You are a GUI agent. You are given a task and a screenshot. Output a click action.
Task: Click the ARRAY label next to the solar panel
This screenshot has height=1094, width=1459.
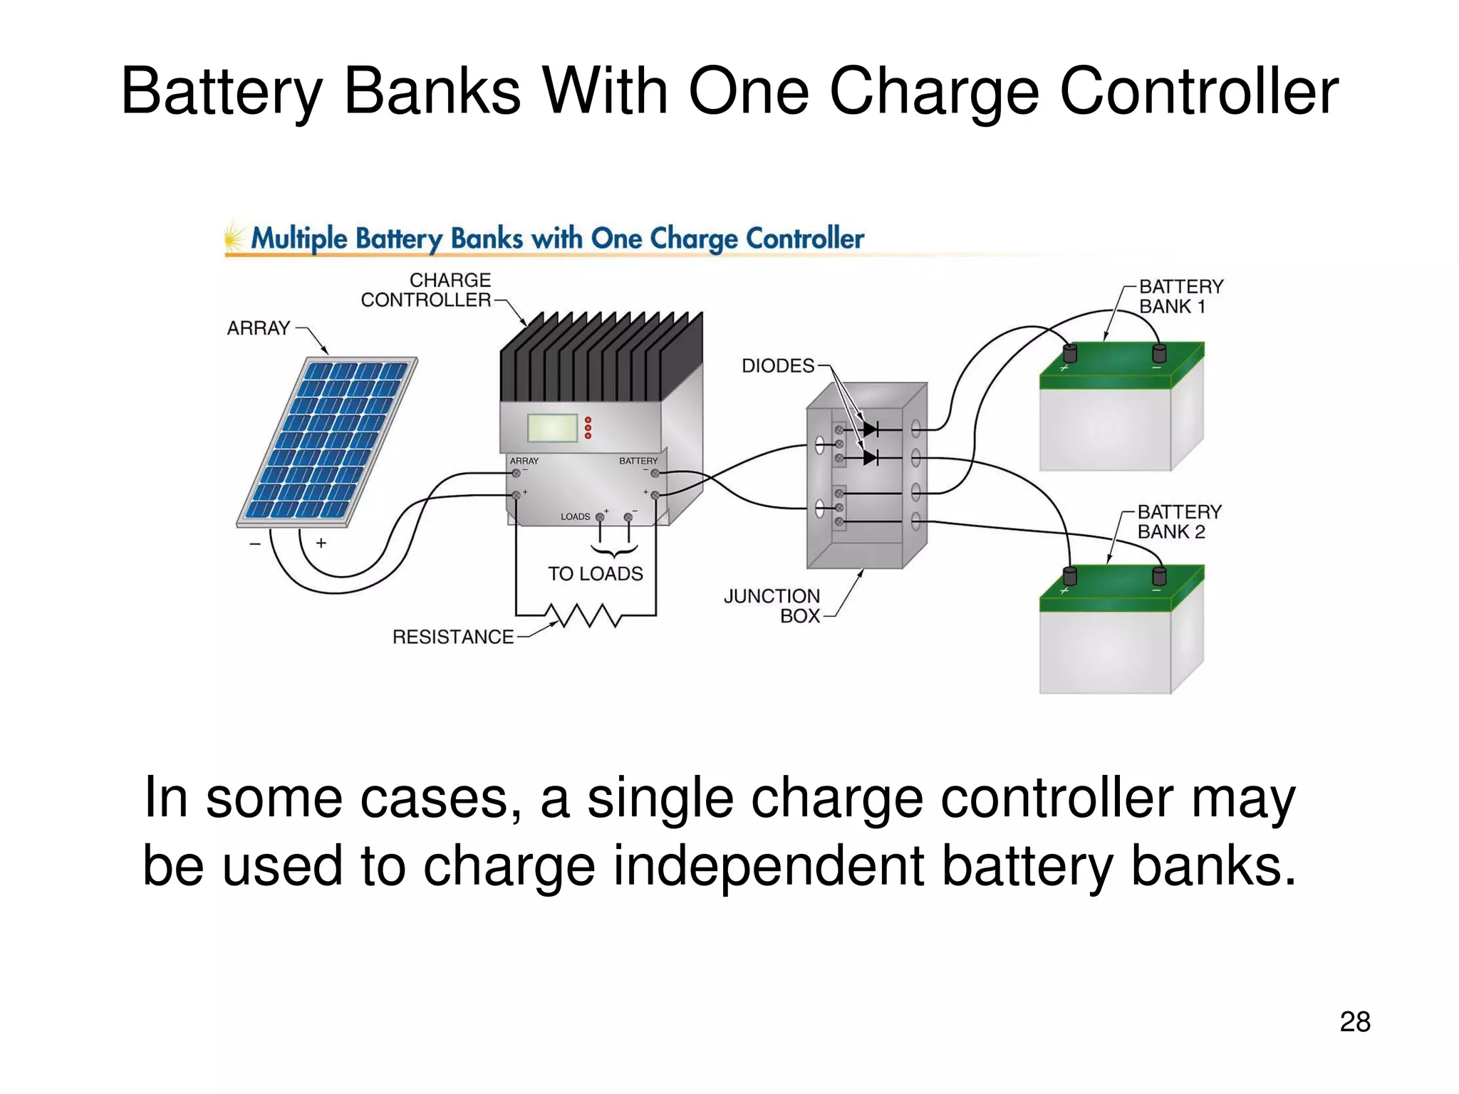(x=258, y=328)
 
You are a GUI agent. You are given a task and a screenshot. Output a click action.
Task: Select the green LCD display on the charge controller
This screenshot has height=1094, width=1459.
(x=552, y=428)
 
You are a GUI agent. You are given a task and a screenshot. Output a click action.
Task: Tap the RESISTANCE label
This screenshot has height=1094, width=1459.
(x=452, y=637)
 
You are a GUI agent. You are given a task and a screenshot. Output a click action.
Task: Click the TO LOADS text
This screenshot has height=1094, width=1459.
(x=595, y=574)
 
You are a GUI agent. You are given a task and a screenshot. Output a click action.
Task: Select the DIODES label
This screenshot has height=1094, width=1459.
(x=777, y=366)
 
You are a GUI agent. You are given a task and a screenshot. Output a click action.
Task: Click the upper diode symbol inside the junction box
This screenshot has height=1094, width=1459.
(x=871, y=429)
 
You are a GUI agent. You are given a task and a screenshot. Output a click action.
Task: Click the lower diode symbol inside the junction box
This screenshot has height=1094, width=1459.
(x=871, y=457)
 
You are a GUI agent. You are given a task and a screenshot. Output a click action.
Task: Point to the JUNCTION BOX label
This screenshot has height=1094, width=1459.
(x=772, y=606)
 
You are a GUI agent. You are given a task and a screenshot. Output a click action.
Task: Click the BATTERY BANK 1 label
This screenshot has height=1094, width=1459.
(x=1180, y=297)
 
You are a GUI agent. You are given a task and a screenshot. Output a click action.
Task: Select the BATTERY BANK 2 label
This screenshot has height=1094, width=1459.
(x=1179, y=522)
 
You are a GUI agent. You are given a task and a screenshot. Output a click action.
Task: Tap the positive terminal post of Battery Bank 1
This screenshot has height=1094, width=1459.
(x=1069, y=353)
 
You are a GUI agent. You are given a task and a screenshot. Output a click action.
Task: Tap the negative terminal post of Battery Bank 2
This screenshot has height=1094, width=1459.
(x=1159, y=575)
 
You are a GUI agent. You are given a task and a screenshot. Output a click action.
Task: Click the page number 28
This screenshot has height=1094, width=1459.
(x=1354, y=1022)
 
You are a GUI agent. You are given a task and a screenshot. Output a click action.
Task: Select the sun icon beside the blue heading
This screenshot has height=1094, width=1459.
(x=233, y=237)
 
